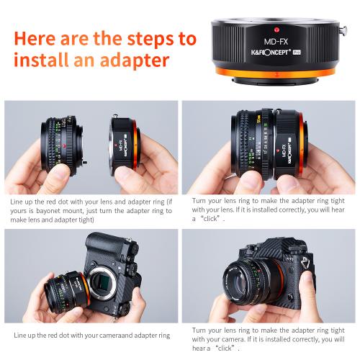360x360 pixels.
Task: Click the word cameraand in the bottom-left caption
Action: (113, 336)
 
